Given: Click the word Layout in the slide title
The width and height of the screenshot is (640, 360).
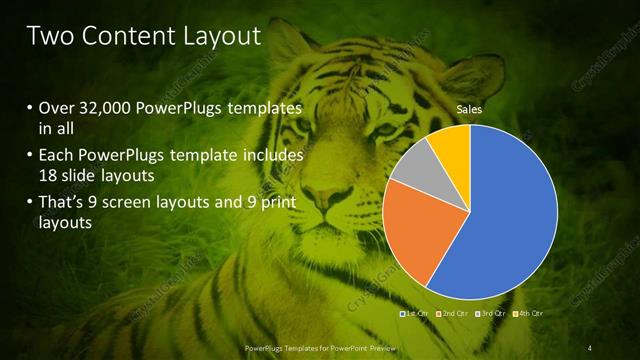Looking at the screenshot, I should pyautogui.click(x=220, y=37).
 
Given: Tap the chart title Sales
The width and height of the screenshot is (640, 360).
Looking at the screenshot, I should pyautogui.click(x=470, y=108).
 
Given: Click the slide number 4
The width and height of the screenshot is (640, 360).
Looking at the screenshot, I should pyautogui.click(x=589, y=347).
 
